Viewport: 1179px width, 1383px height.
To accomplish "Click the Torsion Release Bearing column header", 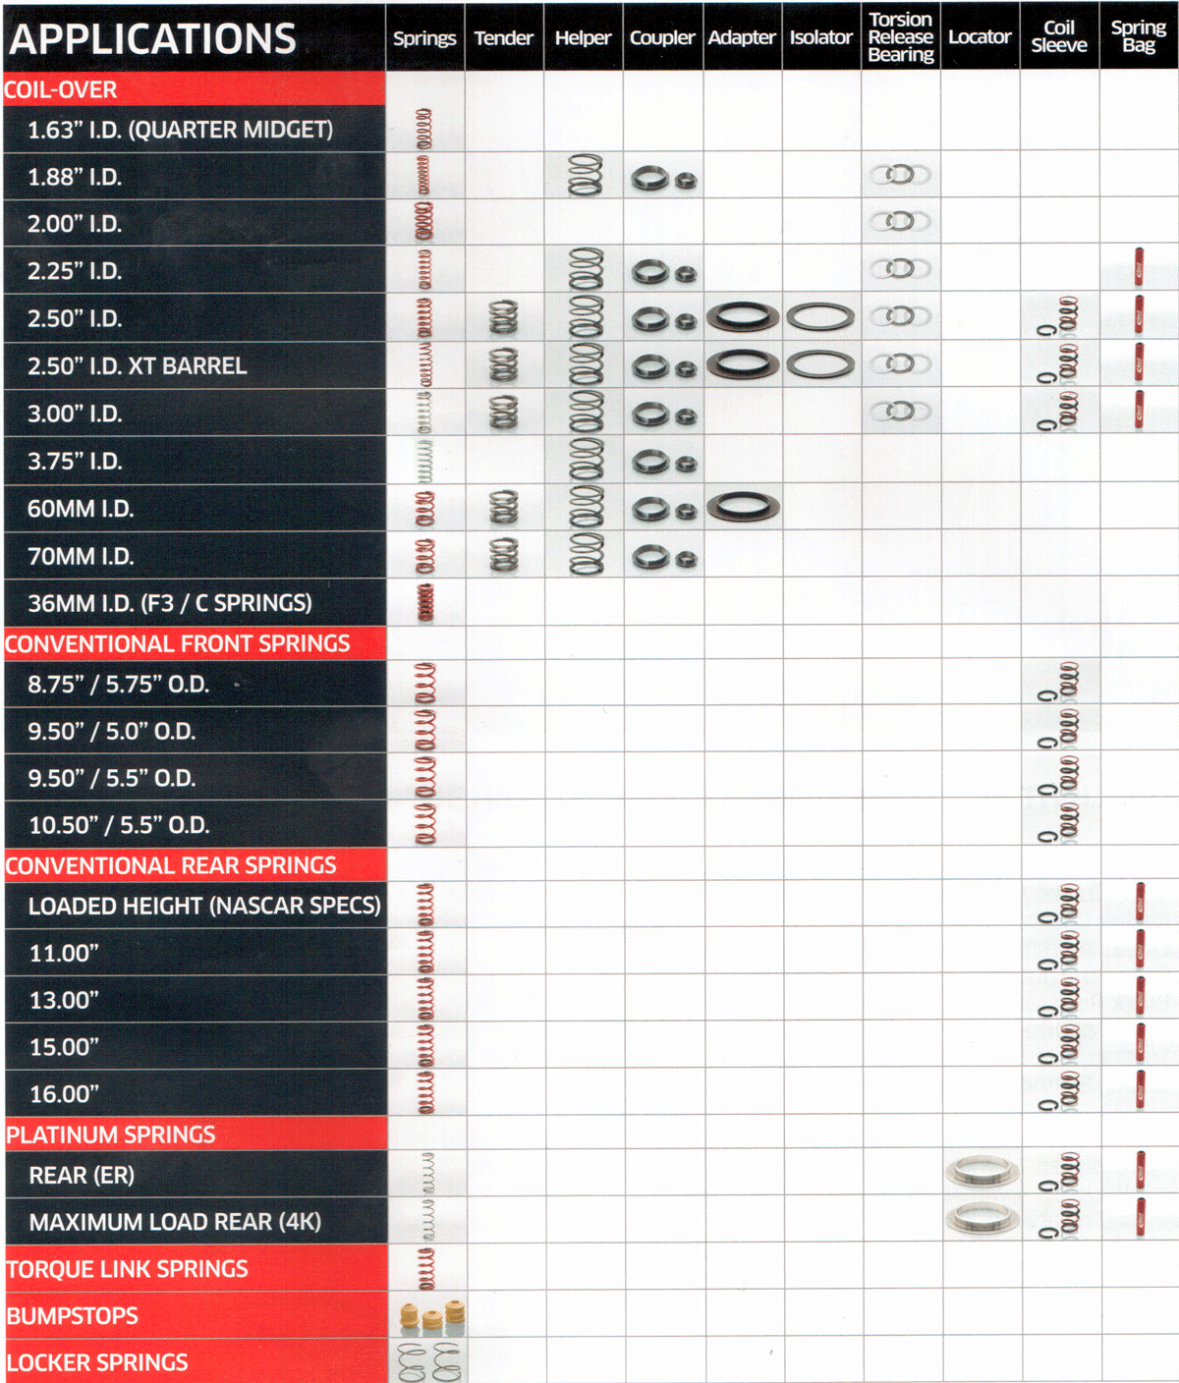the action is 900,36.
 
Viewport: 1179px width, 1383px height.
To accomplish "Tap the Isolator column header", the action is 820,36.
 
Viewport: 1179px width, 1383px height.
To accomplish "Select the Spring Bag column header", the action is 1138,36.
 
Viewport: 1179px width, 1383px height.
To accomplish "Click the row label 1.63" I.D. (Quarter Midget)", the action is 180,129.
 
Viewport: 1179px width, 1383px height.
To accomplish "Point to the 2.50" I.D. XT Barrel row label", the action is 138,366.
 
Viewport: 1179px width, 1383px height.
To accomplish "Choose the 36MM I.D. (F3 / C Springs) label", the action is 170,603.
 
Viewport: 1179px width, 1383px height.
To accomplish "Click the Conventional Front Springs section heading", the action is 177,643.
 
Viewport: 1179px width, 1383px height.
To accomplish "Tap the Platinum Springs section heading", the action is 111,1134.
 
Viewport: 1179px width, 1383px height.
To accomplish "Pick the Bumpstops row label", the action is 73,1316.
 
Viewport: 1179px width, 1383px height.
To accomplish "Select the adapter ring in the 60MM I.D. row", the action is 743,507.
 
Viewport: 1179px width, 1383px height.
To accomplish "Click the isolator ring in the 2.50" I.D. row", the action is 820,317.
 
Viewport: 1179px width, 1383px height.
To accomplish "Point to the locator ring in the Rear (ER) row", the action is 982,1171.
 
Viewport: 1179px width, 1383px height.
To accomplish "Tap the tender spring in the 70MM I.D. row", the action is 504,555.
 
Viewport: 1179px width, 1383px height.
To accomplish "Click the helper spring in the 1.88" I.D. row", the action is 585,175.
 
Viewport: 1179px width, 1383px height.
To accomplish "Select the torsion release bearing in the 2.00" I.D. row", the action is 900,221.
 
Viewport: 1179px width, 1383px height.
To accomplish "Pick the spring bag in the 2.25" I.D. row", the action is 1138,266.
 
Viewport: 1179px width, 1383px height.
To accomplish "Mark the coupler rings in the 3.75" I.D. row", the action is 664,462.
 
